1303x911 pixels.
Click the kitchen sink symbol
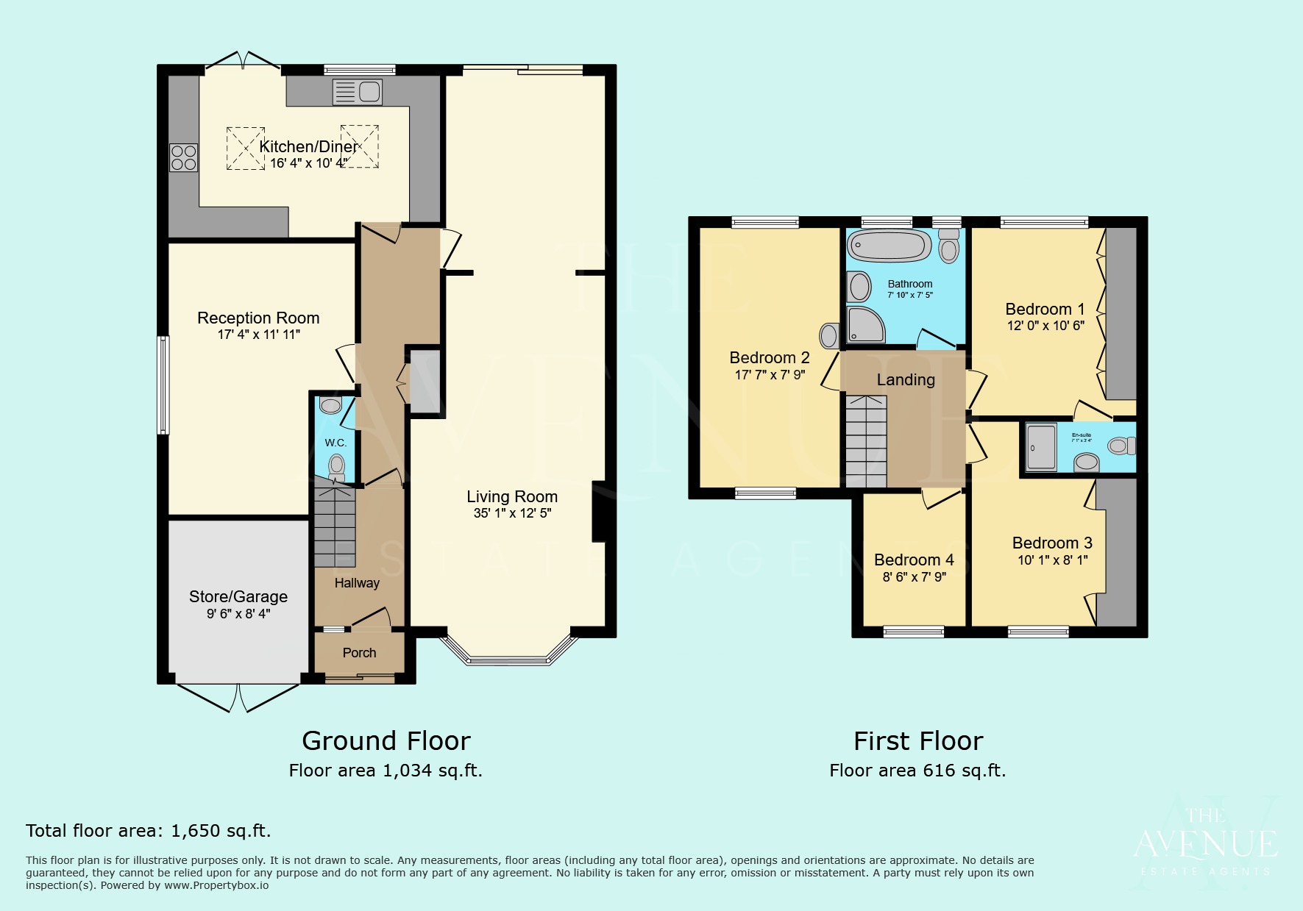click(x=357, y=92)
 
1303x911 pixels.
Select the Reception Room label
click(x=258, y=318)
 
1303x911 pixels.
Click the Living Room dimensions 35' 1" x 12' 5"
click(x=512, y=513)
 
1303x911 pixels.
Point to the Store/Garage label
click(x=238, y=596)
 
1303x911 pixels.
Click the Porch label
click(x=359, y=653)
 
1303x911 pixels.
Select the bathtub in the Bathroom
click(x=889, y=246)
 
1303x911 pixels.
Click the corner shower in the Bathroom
click(x=865, y=324)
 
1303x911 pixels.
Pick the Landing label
click(x=906, y=379)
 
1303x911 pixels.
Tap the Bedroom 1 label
click(x=1045, y=309)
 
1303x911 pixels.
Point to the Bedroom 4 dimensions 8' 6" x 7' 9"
click(x=914, y=577)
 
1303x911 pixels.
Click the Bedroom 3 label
click(x=1052, y=543)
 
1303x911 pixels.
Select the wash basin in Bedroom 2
click(x=830, y=336)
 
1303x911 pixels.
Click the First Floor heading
click(x=917, y=740)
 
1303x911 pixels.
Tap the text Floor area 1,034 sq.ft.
click(x=386, y=771)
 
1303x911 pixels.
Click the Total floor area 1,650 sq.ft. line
click(x=148, y=831)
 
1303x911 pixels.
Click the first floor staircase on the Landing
click(x=866, y=441)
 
